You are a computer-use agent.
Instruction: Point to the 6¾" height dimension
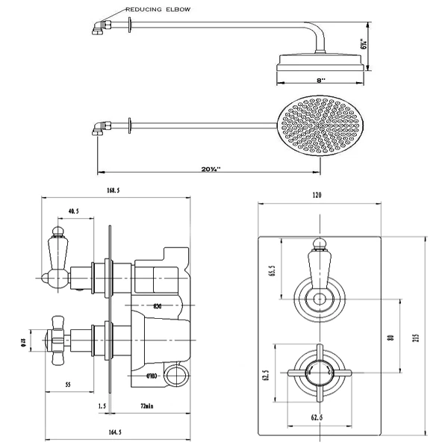pos(364,45)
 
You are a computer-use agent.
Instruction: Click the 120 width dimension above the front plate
pos(317,195)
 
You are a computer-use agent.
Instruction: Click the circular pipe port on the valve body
pos(177,373)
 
